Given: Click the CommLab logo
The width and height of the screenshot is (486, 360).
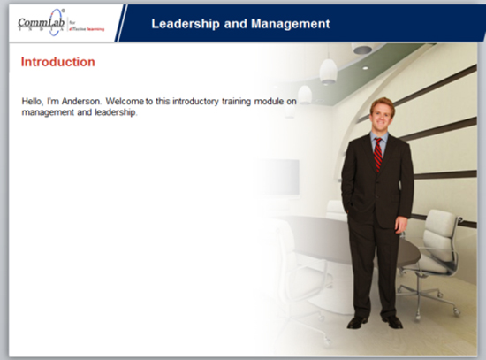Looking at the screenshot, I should [x=43, y=21].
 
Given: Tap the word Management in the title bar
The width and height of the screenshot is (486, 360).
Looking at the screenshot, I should [x=285, y=23].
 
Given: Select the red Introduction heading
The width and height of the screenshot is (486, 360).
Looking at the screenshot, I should [x=57, y=63].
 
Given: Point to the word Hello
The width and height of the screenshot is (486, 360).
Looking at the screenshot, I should [x=33, y=102].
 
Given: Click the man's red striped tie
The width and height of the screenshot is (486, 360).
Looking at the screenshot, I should [x=378, y=153].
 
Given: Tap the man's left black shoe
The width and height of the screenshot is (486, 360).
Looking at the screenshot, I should [x=395, y=322].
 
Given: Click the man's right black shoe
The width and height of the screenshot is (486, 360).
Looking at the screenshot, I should [x=358, y=322].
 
